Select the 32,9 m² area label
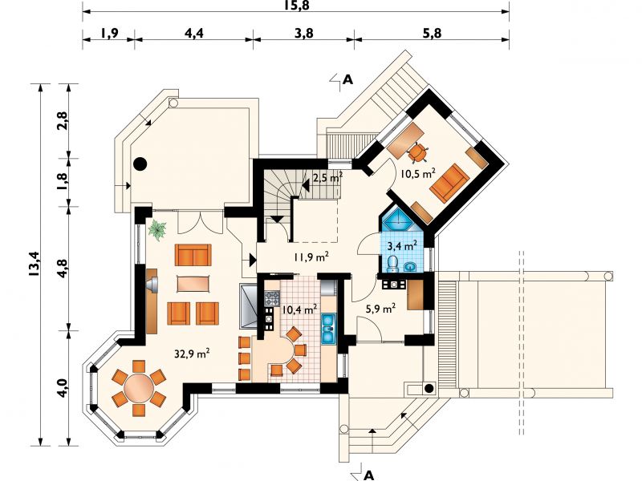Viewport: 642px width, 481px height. (x=192, y=353)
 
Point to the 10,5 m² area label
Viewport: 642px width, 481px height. (x=417, y=173)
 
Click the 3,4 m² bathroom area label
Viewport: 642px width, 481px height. (x=402, y=245)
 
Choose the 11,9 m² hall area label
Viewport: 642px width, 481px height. (x=311, y=257)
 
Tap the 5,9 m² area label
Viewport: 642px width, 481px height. (x=380, y=309)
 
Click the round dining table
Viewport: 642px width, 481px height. (x=139, y=386)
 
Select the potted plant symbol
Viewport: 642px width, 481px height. (x=157, y=229)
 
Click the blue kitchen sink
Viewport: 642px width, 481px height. (x=328, y=328)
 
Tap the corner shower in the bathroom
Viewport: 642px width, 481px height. (x=396, y=221)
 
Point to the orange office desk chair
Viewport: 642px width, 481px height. (x=417, y=153)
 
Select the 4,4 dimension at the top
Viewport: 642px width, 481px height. (x=193, y=33)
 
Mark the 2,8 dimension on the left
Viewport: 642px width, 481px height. (x=63, y=121)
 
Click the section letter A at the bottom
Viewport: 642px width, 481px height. (x=369, y=475)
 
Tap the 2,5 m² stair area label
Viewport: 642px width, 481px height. (x=327, y=178)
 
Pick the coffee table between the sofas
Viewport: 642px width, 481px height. (x=193, y=284)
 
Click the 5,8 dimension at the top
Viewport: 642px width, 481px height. (x=432, y=33)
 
